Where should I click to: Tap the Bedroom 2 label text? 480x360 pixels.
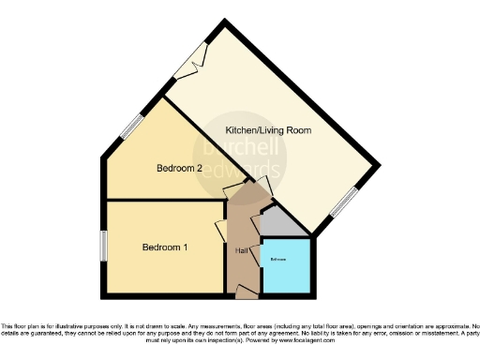pos(179,169)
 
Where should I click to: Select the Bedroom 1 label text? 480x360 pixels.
pos(165,247)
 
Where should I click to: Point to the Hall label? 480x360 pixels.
pos(241,250)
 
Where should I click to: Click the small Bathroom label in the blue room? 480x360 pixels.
pos(278,258)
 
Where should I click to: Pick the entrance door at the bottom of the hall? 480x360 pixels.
pos(247,293)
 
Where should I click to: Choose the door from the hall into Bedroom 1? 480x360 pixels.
pos(221,231)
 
